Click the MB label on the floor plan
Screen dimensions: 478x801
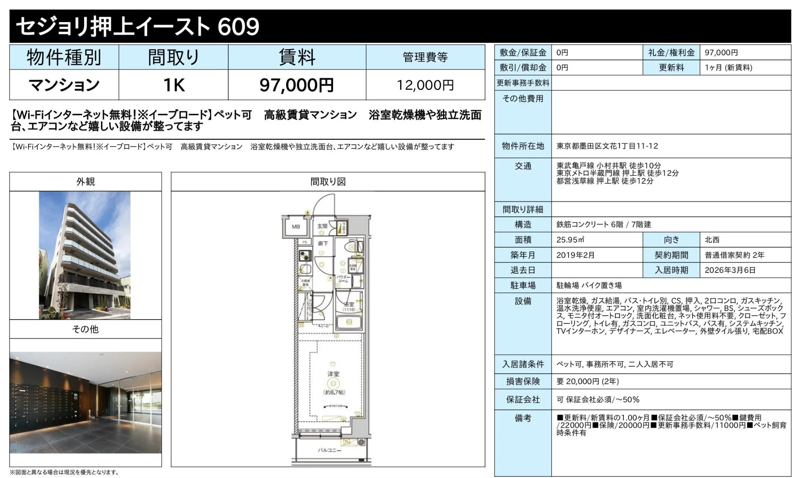[x=296, y=227]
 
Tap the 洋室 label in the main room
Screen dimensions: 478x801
[x=333, y=374]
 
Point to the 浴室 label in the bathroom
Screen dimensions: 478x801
[x=349, y=304]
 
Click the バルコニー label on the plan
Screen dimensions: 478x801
[x=330, y=450]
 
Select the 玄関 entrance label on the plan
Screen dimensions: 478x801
[x=322, y=226]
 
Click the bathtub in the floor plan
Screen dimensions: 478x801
[x=349, y=322]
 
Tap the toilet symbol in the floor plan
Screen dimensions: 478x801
[x=353, y=247]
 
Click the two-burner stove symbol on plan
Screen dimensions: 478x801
[x=305, y=256]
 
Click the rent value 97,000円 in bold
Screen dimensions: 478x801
[x=296, y=85]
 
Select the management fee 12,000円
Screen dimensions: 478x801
[x=425, y=85]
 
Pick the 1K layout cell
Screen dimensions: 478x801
[x=173, y=85]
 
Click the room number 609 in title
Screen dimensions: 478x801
[x=238, y=26]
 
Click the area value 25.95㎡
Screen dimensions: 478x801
[x=570, y=240]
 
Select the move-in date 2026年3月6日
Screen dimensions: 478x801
[x=730, y=270]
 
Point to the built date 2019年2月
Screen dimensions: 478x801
[x=575, y=255]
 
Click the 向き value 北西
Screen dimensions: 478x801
[x=712, y=240]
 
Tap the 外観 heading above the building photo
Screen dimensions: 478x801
[x=85, y=182]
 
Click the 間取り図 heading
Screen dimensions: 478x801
[x=328, y=182]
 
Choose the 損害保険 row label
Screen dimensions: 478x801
[x=523, y=381]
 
